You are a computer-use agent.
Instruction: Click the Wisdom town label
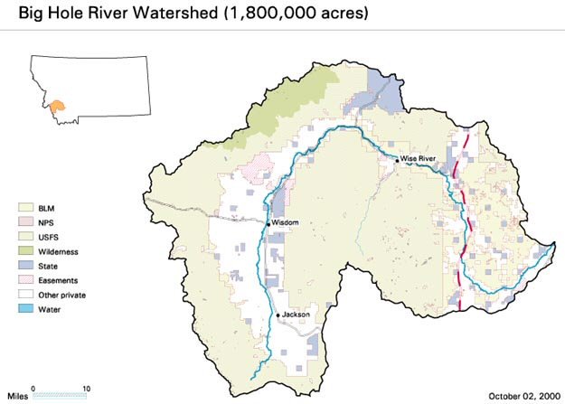click(x=285, y=222)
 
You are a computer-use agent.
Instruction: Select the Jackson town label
click(x=297, y=315)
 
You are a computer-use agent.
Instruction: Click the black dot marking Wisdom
click(x=268, y=222)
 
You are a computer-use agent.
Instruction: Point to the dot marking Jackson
click(x=278, y=315)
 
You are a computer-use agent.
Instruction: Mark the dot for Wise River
click(x=396, y=159)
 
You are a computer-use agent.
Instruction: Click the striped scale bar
click(x=60, y=395)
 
